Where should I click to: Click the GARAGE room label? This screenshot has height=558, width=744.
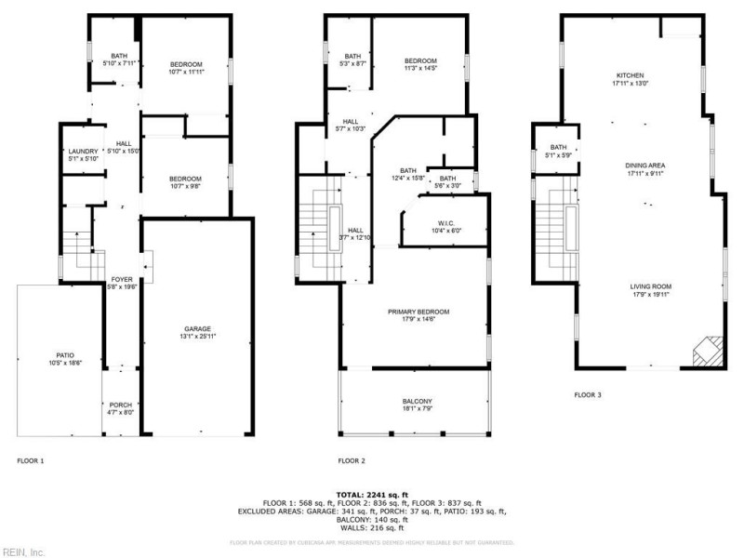(197, 328)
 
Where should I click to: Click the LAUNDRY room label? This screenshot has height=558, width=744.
(83, 151)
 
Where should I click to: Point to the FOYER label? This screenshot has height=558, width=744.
(123, 279)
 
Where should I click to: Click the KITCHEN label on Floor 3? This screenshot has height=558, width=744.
(630, 75)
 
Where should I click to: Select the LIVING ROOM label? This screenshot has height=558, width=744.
(650, 286)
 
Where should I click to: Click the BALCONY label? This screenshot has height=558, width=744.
(416, 403)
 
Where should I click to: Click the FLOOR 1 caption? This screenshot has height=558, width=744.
(31, 460)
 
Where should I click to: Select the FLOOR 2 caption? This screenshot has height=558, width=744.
(351, 460)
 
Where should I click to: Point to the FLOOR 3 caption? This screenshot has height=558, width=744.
(587, 394)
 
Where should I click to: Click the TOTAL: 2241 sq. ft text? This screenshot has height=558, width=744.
(372, 494)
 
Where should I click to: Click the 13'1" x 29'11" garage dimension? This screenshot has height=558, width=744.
(197, 336)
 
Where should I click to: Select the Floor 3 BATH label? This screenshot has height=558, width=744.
(558, 147)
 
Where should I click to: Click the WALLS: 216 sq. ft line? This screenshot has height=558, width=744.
(372, 527)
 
